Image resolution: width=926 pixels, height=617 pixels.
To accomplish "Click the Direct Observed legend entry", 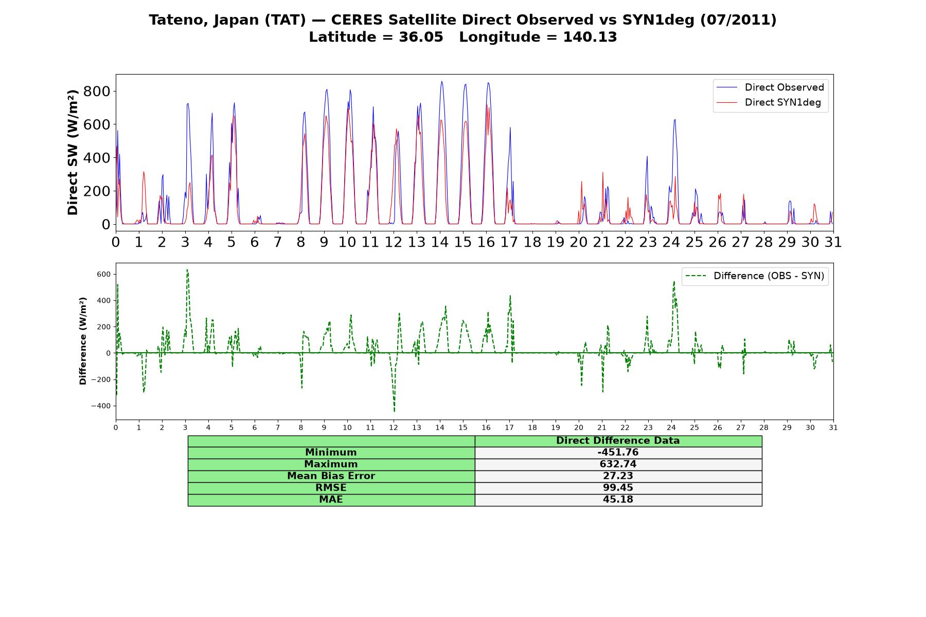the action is point(771,87).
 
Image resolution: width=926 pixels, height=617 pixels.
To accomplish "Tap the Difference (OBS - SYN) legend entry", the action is point(755,276).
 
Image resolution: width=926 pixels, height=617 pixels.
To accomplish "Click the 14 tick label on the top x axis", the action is point(439,242).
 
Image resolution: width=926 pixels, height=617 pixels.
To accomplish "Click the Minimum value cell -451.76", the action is point(618,452).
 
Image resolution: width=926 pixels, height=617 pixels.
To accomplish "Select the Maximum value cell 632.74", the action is point(618,464).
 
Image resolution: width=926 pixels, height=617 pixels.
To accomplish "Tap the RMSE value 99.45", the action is point(618,488).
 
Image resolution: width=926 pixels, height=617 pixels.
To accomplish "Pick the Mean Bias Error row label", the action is point(331,476).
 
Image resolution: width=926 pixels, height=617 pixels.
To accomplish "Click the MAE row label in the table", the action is point(331,500).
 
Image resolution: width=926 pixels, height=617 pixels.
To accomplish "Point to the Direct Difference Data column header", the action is point(618,441).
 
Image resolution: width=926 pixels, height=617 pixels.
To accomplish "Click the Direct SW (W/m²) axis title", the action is point(73,152).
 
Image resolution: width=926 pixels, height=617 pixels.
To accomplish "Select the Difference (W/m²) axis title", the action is point(83,341).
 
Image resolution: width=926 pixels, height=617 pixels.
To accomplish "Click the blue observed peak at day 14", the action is point(441,81).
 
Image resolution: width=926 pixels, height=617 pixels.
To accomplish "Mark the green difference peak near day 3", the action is point(187,269).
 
